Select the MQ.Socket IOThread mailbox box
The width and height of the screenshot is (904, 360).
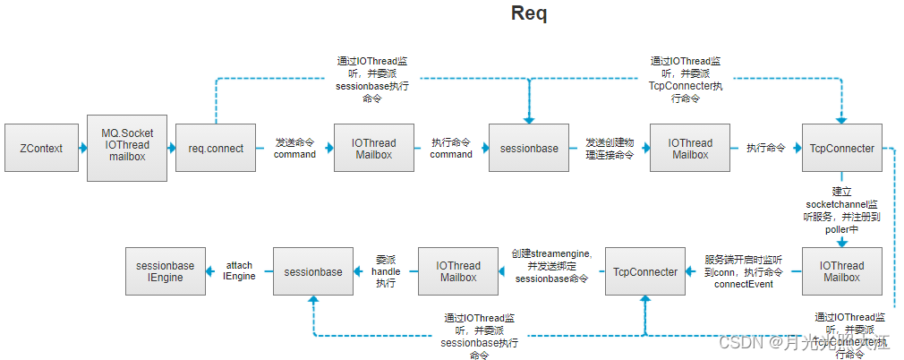pos(126,148)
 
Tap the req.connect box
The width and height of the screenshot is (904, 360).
pos(216,148)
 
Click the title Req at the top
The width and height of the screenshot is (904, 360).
pos(528,13)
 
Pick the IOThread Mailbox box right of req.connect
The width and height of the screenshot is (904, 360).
pos(373,148)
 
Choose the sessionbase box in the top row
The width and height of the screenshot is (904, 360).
pos(529,148)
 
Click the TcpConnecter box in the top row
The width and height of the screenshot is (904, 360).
pos(841,148)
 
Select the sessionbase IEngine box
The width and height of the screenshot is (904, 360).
pos(166,271)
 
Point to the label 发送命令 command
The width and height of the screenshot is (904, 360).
pos(294,148)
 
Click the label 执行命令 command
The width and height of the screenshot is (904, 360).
pos(451,148)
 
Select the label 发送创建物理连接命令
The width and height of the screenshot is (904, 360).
pos(609,148)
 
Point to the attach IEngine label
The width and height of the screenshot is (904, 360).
pos(239,270)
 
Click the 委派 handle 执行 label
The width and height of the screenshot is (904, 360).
pos(385,270)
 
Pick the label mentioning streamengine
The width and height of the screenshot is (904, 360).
pos(551,265)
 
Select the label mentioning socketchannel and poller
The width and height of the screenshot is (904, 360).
pos(841,210)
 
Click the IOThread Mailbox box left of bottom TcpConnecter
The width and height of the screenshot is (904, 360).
pos(459,271)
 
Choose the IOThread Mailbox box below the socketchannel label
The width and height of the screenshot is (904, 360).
pos(842,271)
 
